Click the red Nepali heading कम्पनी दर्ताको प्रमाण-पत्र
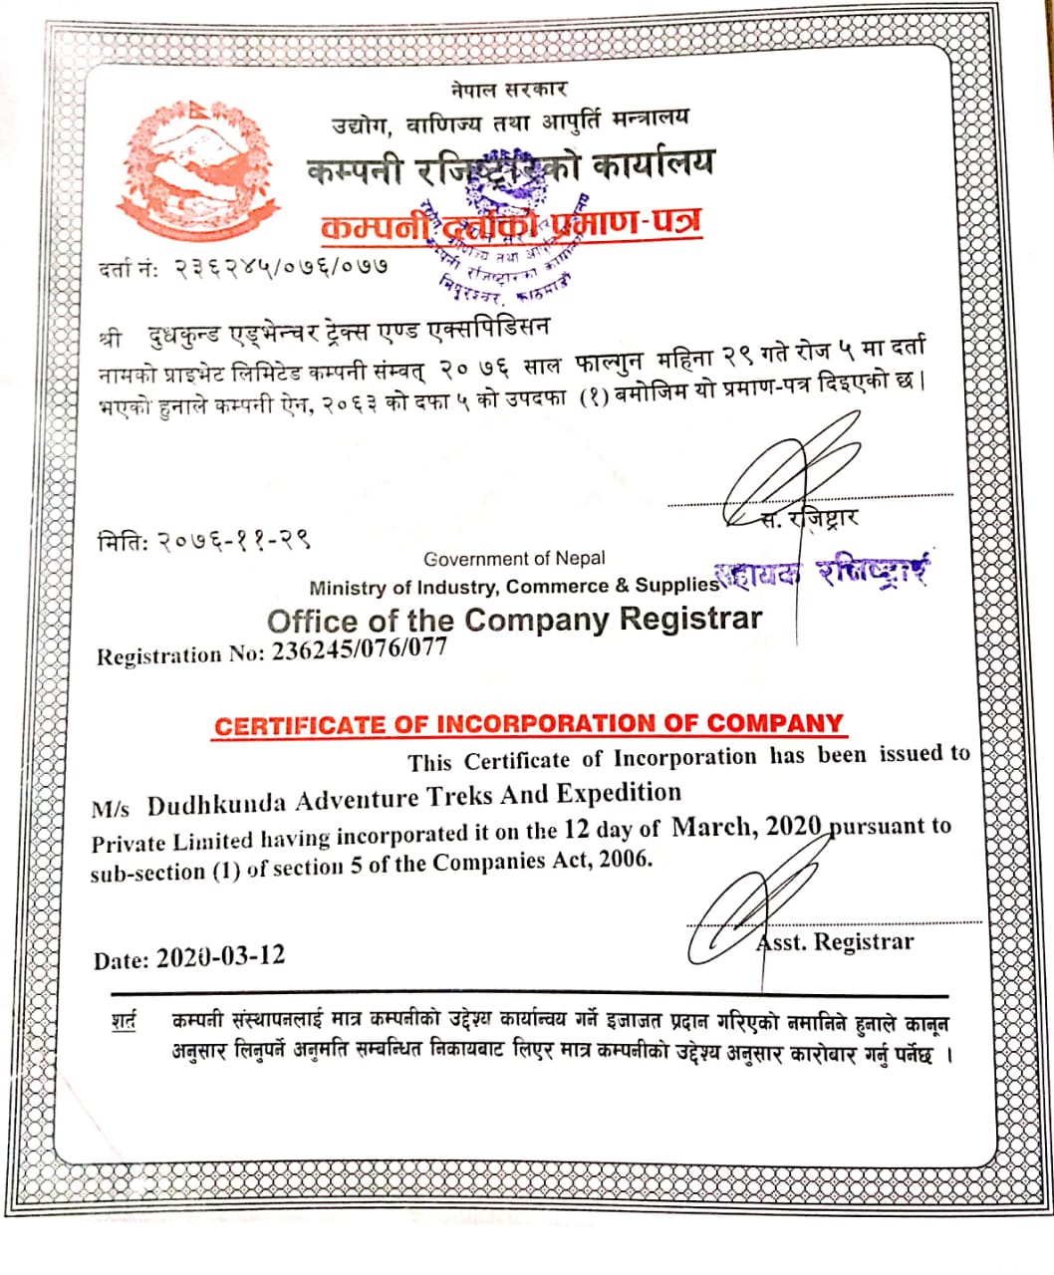click(510, 224)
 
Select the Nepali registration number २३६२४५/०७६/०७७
click(280, 267)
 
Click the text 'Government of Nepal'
click(514, 559)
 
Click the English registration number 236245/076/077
click(360, 648)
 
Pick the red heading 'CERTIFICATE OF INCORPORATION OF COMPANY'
click(529, 724)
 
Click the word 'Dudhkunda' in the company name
click(218, 803)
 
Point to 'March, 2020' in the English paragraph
click(746, 826)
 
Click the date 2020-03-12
click(220, 956)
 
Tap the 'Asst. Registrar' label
click(835, 942)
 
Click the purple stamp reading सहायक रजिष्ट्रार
click(827, 573)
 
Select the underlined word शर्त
click(124, 1022)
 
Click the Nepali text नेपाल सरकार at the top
click(508, 89)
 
